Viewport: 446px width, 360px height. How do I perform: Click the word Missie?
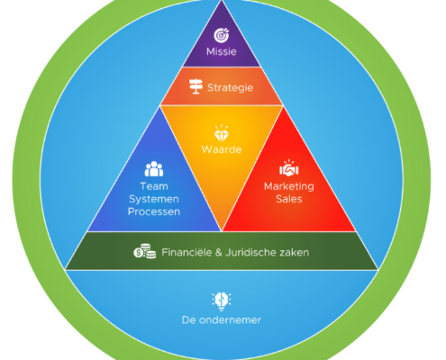tap(222, 51)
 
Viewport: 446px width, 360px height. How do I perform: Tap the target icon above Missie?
tap(222, 35)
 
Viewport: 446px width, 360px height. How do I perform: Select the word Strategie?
tap(231, 88)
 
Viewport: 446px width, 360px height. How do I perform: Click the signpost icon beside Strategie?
tap(196, 86)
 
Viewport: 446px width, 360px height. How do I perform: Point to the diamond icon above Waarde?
tap(222, 133)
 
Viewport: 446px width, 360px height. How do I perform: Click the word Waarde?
tap(222, 149)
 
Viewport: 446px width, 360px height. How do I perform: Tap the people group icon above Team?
tap(154, 169)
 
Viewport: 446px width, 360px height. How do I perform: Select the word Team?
tap(154, 186)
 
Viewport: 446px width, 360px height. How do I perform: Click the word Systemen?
tap(154, 199)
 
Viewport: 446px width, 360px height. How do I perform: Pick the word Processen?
tap(154, 211)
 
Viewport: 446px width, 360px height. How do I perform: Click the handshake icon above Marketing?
tap(289, 168)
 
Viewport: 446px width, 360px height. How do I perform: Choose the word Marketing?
tap(289, 186)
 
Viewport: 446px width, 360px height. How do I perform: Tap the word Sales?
tap(289, 199)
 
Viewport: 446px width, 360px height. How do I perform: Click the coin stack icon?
tap(145, 251)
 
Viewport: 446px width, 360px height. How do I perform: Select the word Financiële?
tap(187, 252)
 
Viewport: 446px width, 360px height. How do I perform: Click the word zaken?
tap(295, 253)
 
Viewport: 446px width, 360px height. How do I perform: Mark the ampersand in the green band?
tap(219, 252)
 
